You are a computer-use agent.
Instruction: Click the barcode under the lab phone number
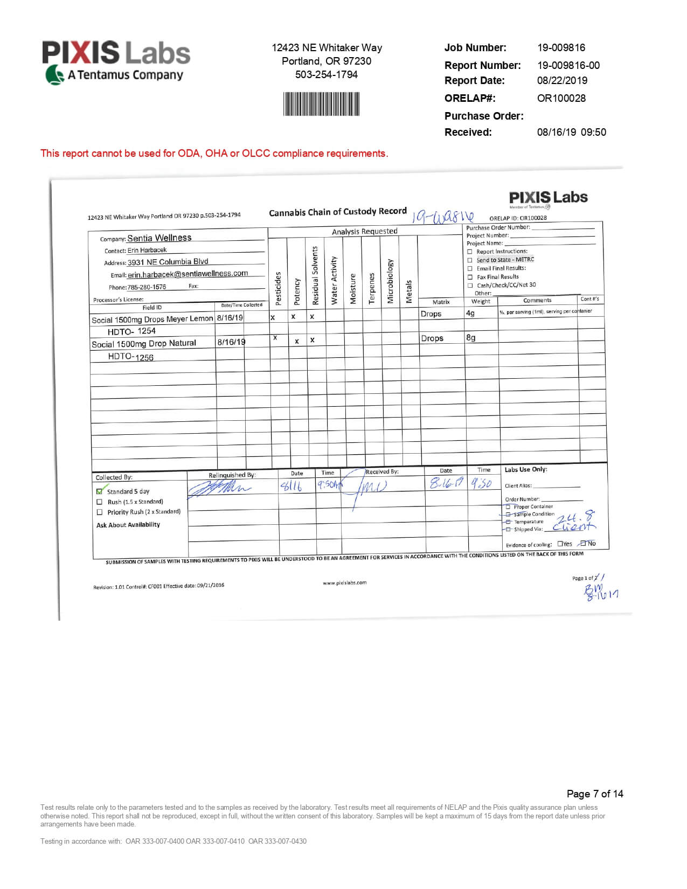(x=321, y=104)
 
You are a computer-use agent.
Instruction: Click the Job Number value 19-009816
(x=561, y=47)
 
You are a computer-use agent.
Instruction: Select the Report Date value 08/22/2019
(x=562, y=80)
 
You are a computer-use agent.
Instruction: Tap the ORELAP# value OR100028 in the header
(x=561, y=98)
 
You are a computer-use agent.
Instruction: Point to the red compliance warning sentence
(x=214, y=154)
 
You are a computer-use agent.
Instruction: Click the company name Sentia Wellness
(x=159, y=238)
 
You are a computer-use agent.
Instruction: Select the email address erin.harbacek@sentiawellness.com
(x=188, y=274)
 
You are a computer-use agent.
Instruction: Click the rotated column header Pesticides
(x=278, y=288)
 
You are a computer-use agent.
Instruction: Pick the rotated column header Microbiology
(x=390, y=281)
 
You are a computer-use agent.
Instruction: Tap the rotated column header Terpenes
(x=371, y=288)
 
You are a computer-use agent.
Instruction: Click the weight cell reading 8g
(x=470, y=338)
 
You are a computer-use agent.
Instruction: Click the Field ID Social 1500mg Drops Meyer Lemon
(x=152, y=319)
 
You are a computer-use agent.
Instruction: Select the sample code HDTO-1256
(x=130, y=357)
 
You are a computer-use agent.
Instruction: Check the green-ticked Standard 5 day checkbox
(x=99, y=491)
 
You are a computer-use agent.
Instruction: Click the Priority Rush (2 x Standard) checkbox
(x=99, y=512)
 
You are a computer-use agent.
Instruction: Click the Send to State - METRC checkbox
(x=470, y=260)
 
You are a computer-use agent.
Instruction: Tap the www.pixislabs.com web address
(x=344, y=582)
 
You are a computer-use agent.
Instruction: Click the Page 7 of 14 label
(x=594, y=794)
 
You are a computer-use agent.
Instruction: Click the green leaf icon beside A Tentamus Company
(x=54, y=75)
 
